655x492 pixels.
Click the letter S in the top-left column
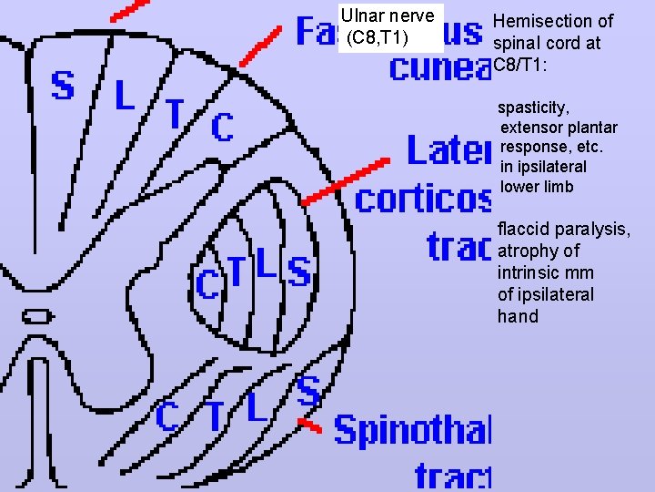(62, 85)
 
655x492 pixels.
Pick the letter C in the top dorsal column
(221, 128)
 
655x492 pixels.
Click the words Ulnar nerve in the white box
(387, 16)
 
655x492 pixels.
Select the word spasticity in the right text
(536, 108)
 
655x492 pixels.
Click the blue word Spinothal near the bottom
(412, 429)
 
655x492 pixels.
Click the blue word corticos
(423, 199)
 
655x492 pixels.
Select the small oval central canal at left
(36, 316)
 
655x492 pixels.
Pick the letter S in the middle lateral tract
(298, 270)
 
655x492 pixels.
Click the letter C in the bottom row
(166, 416)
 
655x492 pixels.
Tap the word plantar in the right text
(589, 128)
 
